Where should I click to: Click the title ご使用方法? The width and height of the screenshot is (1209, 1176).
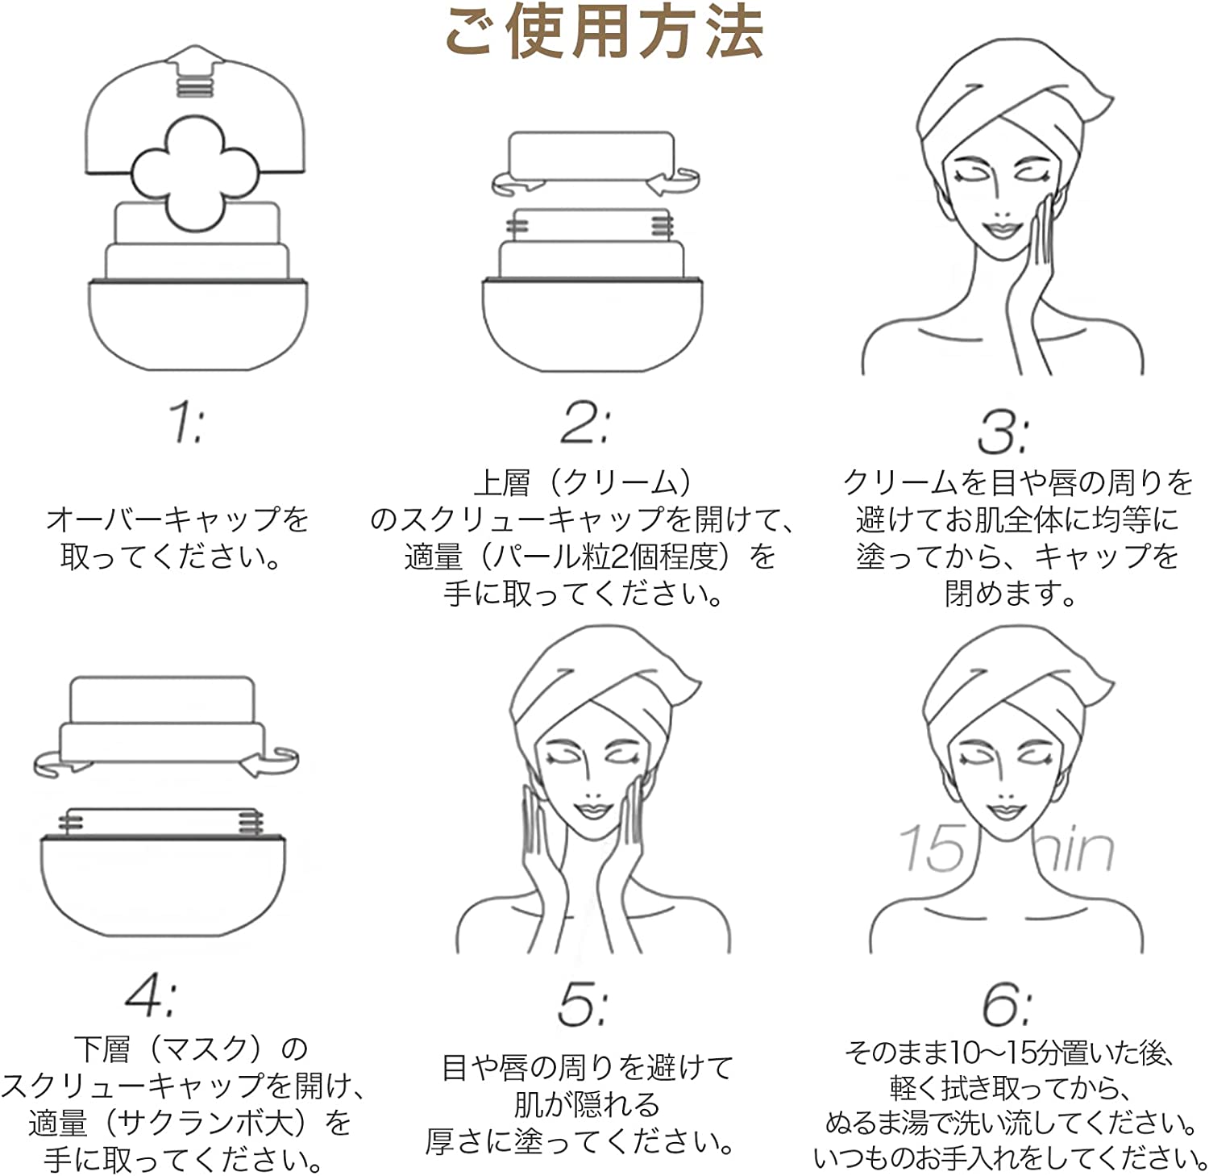point(604,31)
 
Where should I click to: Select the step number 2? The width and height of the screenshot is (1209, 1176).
point(585,422)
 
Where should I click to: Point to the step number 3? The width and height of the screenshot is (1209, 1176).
point(1002,432)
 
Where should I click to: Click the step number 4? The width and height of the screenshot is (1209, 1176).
point(151,995)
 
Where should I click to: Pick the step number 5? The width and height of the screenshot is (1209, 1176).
point(584,1005)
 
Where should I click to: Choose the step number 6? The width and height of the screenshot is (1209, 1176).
point(1007,1005)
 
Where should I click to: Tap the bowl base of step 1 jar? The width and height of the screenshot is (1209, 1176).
point(197,323)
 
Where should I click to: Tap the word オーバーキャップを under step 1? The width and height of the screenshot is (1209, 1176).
point(178,519)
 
